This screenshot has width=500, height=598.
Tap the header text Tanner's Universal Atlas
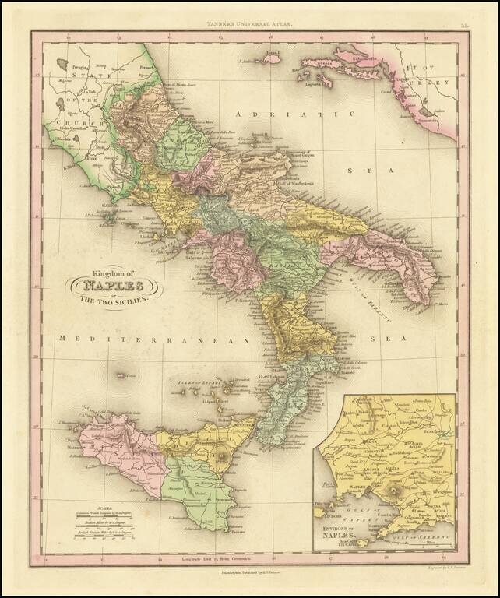tap(249, 26)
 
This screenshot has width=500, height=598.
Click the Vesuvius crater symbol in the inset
tap(396, 493)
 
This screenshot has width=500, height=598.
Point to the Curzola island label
tap(315, 63)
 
